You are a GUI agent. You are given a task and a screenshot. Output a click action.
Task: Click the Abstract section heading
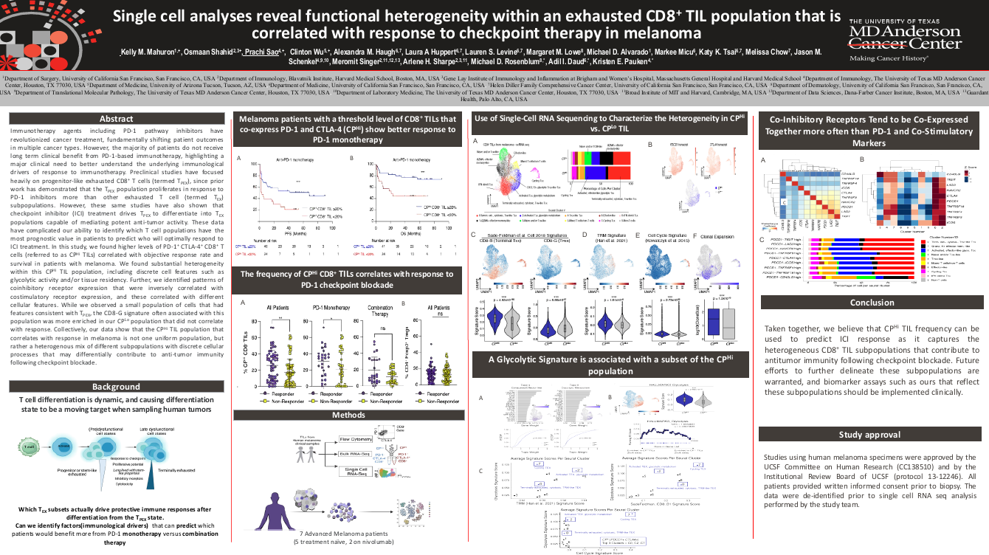[115, 120]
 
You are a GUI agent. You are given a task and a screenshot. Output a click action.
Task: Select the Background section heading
[115, 387]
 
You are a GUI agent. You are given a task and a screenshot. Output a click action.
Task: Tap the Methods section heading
[348, 415]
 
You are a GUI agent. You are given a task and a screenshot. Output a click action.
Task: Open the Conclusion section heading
[872, 303]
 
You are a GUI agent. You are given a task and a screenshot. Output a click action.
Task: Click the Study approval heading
[872, 435]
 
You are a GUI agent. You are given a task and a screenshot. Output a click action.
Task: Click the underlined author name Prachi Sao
[263, 52]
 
